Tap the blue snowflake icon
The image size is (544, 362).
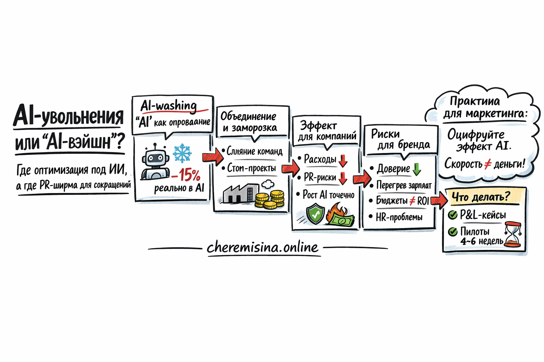pos(182,153)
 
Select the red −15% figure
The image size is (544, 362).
pos(186,175)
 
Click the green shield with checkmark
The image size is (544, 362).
pos(315,215)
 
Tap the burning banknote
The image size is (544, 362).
pos(340,216)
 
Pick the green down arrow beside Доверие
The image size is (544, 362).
pos(417,169)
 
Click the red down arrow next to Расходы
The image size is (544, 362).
pos(343,161)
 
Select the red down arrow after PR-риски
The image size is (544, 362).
pos(342,178)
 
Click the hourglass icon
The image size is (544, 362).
pos(513,234)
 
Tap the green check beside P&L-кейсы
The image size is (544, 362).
pos(453,215)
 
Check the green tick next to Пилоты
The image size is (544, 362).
pos(453,232)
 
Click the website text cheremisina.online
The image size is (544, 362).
pos(262,247)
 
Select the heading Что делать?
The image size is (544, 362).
pos(481,197)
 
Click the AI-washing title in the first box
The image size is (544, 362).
pos(169,106)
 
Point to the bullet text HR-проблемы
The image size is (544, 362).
pos(399,217)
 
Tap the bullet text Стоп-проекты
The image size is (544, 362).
pos(251,168)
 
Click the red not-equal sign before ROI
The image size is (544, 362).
pos(412,201)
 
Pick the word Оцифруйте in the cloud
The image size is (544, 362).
pos(476,134)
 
